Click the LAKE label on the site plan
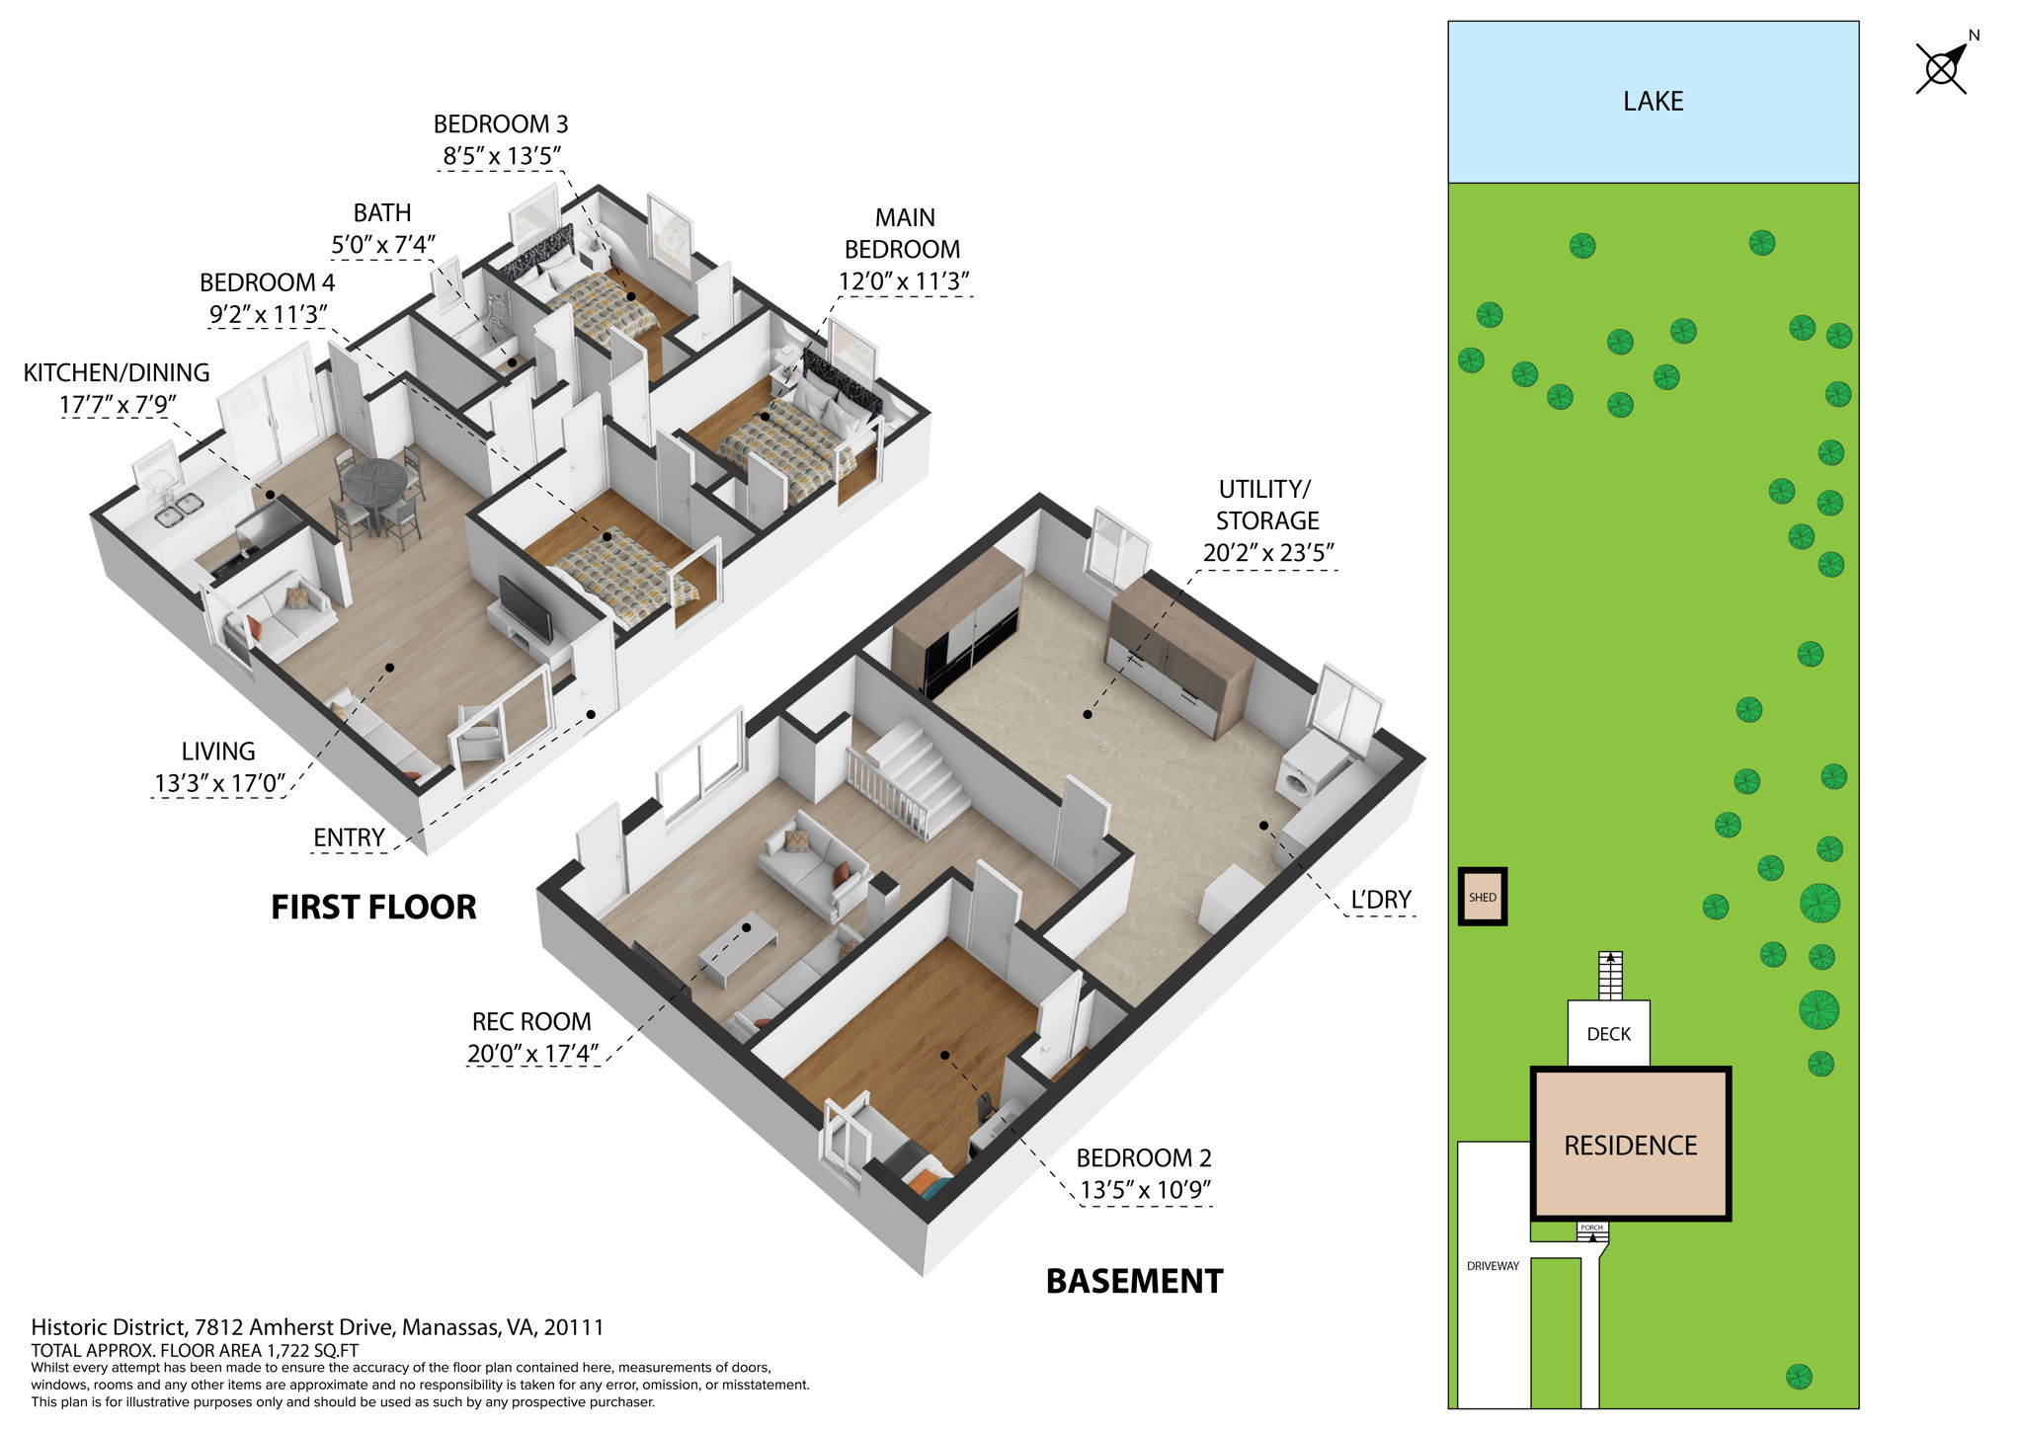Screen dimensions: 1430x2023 (x=1653, y=102)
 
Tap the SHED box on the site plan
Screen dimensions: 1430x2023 (x=1482, y=897)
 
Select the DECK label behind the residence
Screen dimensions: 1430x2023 (x=1608, y=1034)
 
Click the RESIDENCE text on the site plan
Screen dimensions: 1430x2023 (x=1630, y=1146)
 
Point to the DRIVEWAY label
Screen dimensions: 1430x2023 (x=1493, y=1266)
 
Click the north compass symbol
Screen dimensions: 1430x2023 (x=1942, y=67)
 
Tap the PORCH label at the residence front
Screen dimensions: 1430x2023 (x=1591, y=1228)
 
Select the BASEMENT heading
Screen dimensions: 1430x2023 (x=1134, y=1282)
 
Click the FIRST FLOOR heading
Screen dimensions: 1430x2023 (x=373, y=908)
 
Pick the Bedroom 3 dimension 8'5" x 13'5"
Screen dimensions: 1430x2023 (x=502, y=156)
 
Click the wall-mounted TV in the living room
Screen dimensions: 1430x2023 (x=525, y=608)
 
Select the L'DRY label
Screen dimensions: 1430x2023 (x=1380, y=900)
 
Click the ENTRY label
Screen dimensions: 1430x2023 (x=349, y=837)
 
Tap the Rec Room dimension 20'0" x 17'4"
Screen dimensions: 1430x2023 (x=532, y=1054)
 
